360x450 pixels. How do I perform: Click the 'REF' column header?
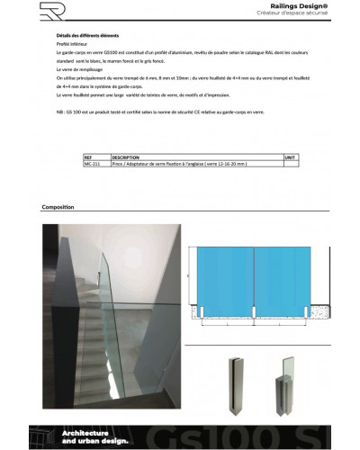tap(88, 157)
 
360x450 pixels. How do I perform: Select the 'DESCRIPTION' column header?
tap(127, 157)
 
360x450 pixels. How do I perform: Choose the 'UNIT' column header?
tap(290, 157)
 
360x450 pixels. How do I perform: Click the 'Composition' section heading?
tap(58, 207)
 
